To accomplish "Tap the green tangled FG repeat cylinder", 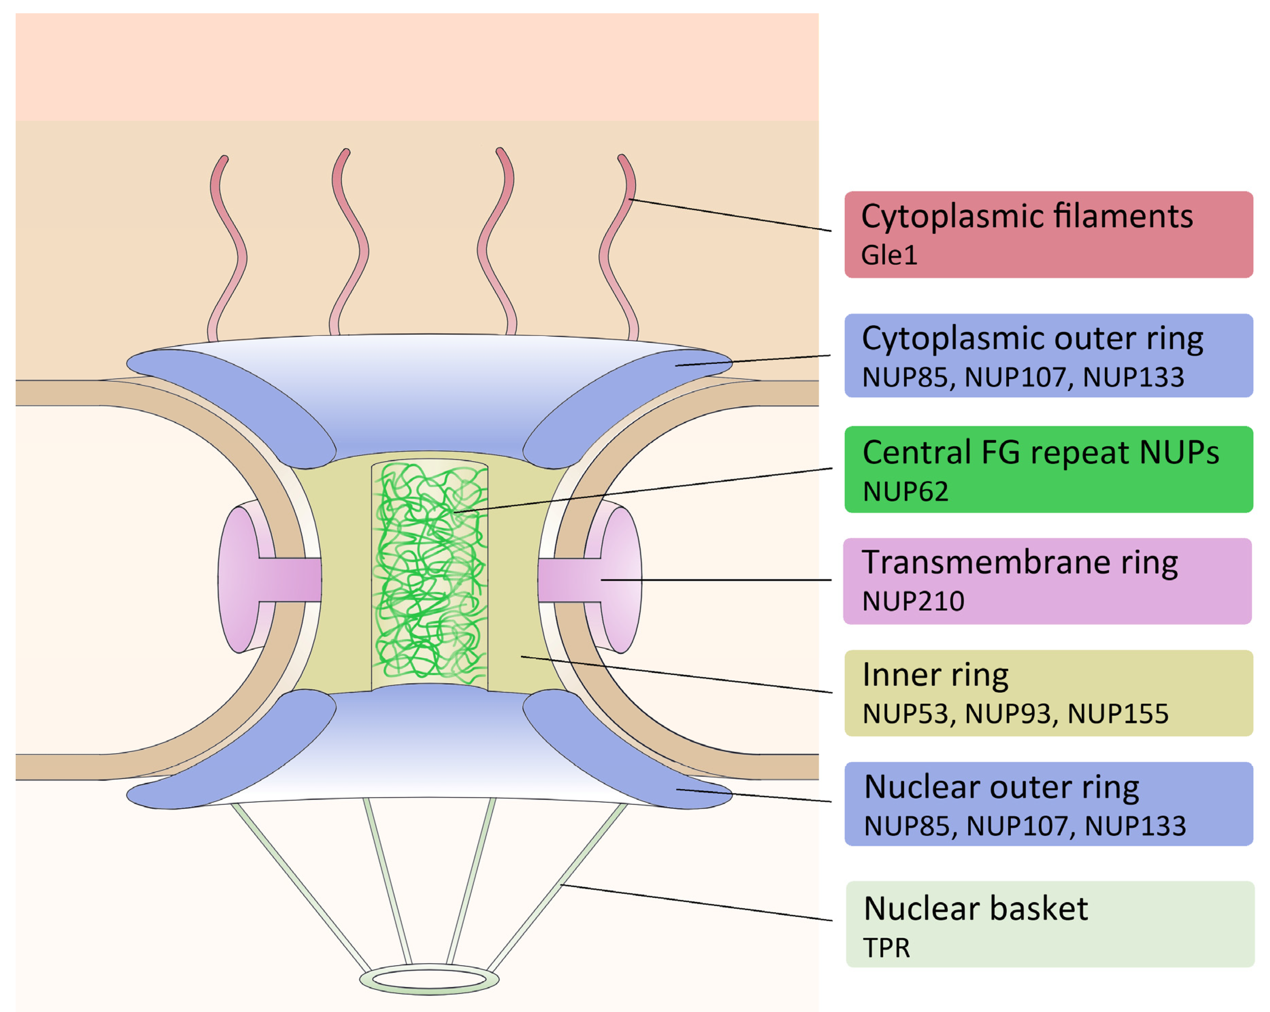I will coord(429,574).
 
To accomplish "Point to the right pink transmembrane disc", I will coord(621,580).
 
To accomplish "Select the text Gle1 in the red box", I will coord(889,256).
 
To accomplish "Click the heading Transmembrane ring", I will coord(1020,562).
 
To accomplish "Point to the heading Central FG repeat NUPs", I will coord(1040,452).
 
